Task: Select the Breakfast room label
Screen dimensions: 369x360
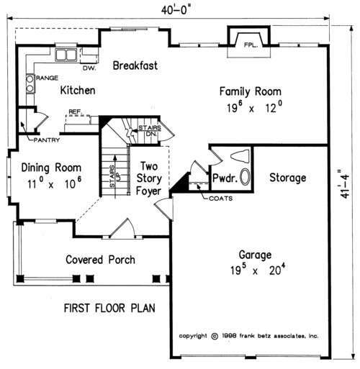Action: [x=135, y=66]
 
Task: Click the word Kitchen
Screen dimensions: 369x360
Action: [x=77, y=90]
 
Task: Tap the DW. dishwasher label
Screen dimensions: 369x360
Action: [x=89, y=68]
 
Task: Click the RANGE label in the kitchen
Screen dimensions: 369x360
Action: [x=46, y=76]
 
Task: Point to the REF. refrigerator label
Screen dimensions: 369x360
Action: [x=74, y=111]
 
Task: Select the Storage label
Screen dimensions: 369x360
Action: [x=288, y=177]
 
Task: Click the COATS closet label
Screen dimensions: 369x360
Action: [x=220, y=199]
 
